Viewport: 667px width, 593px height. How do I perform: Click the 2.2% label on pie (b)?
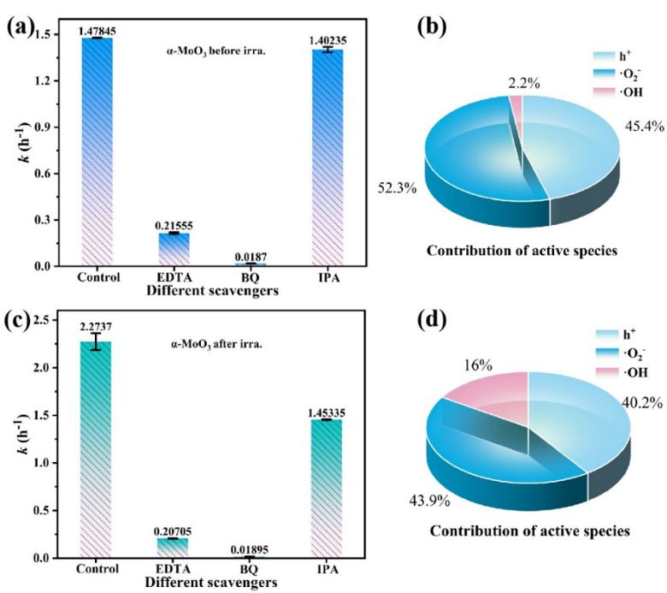[516, 83]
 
